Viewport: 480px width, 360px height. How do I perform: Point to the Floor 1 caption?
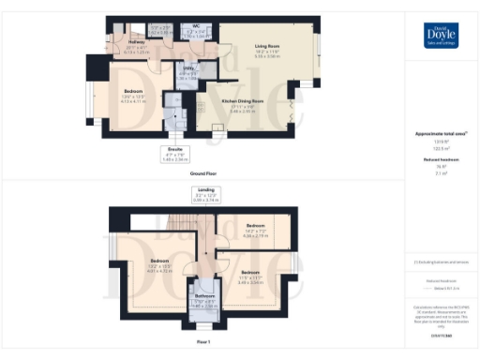tap(203, 343)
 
